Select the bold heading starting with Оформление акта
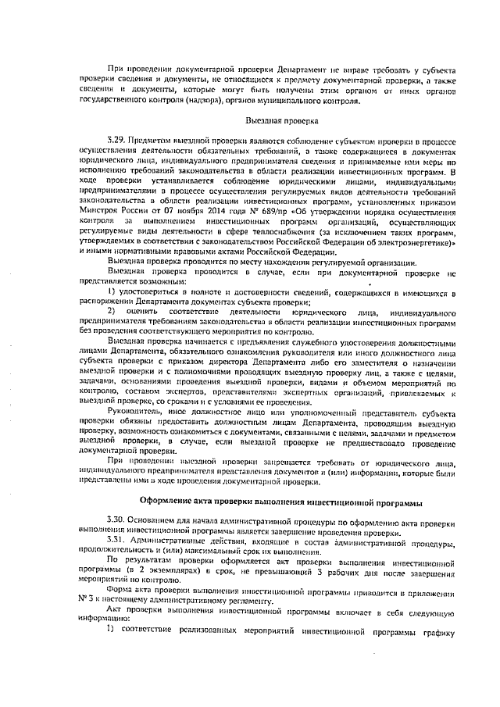click(x=276, y=500)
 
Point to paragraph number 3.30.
click(x=116, y=520)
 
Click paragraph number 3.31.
click(x=116, y=541)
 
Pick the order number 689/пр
click(x=235, y=210)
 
